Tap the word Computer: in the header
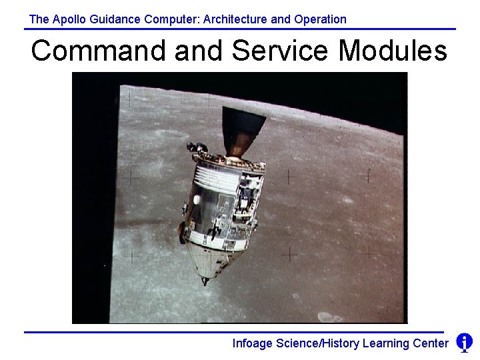171,19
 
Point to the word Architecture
235,19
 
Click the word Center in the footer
431,343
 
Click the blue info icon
464,343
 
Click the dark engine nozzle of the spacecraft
241,129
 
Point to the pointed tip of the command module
205,281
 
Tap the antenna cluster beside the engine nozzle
197,146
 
